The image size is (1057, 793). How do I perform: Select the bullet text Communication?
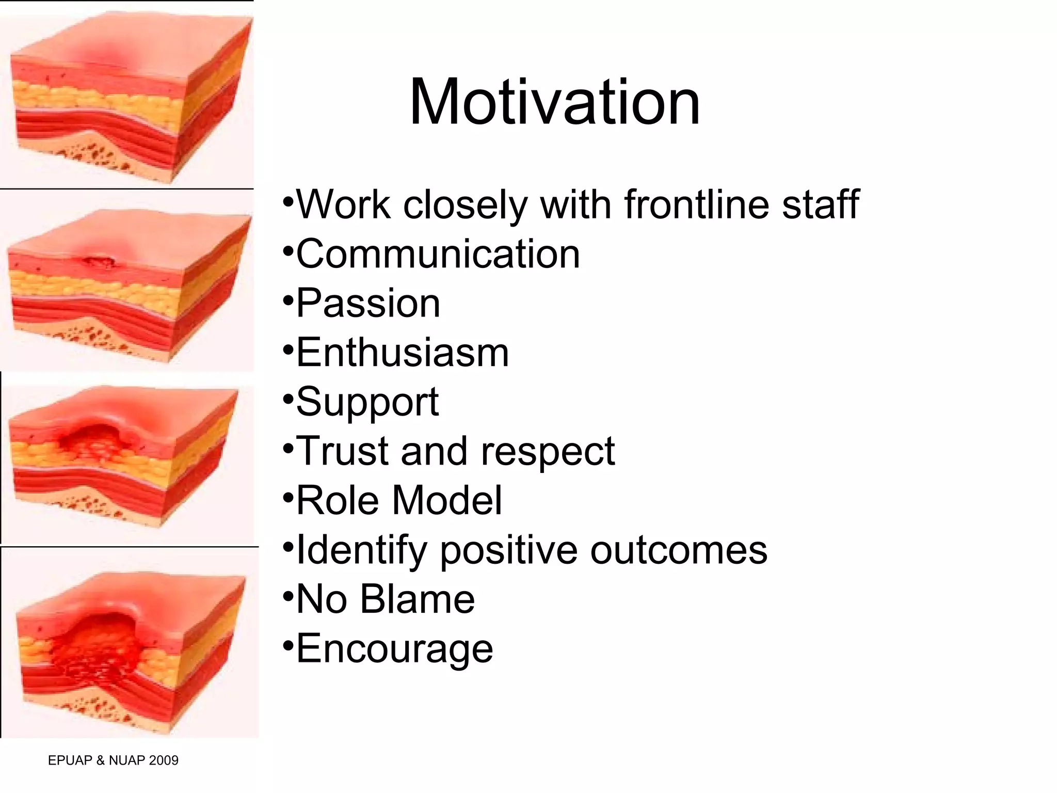tap(438, 254)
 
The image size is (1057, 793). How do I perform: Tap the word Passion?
tap(368, 303)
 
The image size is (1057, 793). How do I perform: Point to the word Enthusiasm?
tap(403, 353)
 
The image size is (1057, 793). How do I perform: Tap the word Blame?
tap(417, 599)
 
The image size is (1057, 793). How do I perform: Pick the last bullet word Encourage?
tap(394, 648)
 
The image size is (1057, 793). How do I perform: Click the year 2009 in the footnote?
tap(163, 760)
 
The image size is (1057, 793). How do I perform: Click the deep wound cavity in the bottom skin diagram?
tap(98, 645)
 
